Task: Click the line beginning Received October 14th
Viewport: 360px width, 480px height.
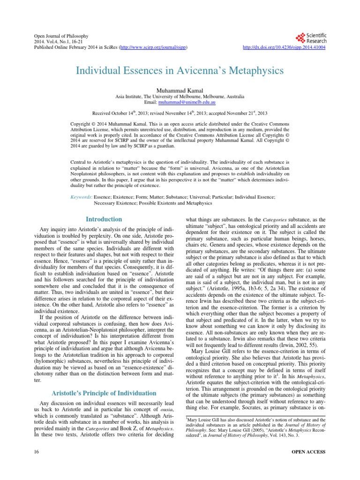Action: (180, 113)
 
